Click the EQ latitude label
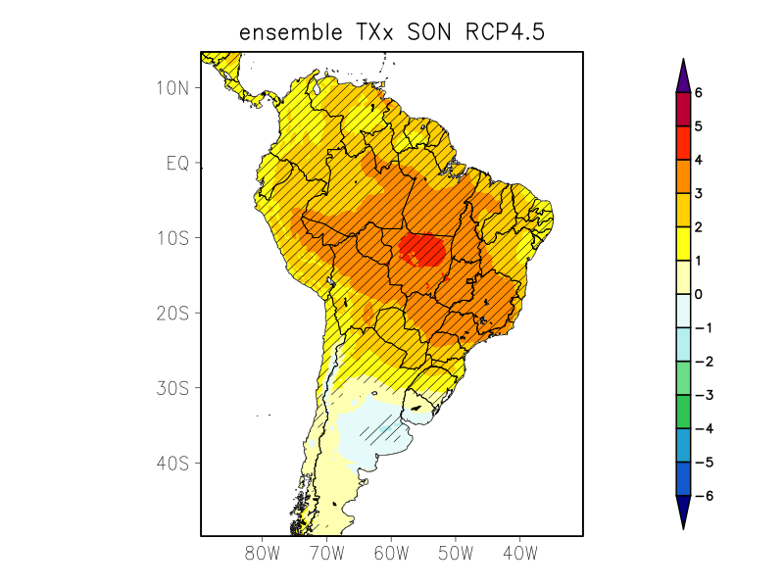pos(176,163)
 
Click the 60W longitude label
pos(390,554)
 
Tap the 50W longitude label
pos(455,554)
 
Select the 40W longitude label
pos(519,554)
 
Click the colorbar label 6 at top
pos(699,93)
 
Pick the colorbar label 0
pos(699,294)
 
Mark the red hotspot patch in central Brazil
pos(423,249)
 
